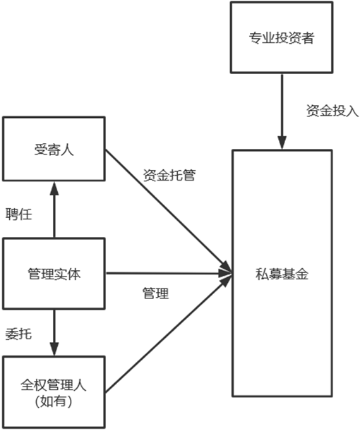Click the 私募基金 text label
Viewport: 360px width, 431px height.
[x=282, y=274]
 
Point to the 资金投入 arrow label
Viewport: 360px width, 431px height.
[x=332, y=111]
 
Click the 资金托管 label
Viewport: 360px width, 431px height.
[x=169, y=175]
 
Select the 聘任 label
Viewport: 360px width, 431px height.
[x=18, y=214]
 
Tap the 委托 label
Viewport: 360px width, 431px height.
[x=18, y=334]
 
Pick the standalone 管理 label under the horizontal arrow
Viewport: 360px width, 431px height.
[x=156, y=293]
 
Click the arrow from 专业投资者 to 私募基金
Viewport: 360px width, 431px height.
[x=282, y=111]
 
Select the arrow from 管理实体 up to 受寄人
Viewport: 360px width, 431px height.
[x=54, y=210]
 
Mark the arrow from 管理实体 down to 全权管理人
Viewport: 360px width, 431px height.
[x=54, y=333]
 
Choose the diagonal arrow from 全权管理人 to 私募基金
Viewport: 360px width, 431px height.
[x=168, y=333]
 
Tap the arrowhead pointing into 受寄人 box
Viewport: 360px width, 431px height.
[x=54, y=188]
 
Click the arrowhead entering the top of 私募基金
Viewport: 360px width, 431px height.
[x=282, y=142]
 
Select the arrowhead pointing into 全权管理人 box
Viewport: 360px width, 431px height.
[x=54, y=349]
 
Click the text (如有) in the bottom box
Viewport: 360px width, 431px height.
[x=54, y=401]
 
